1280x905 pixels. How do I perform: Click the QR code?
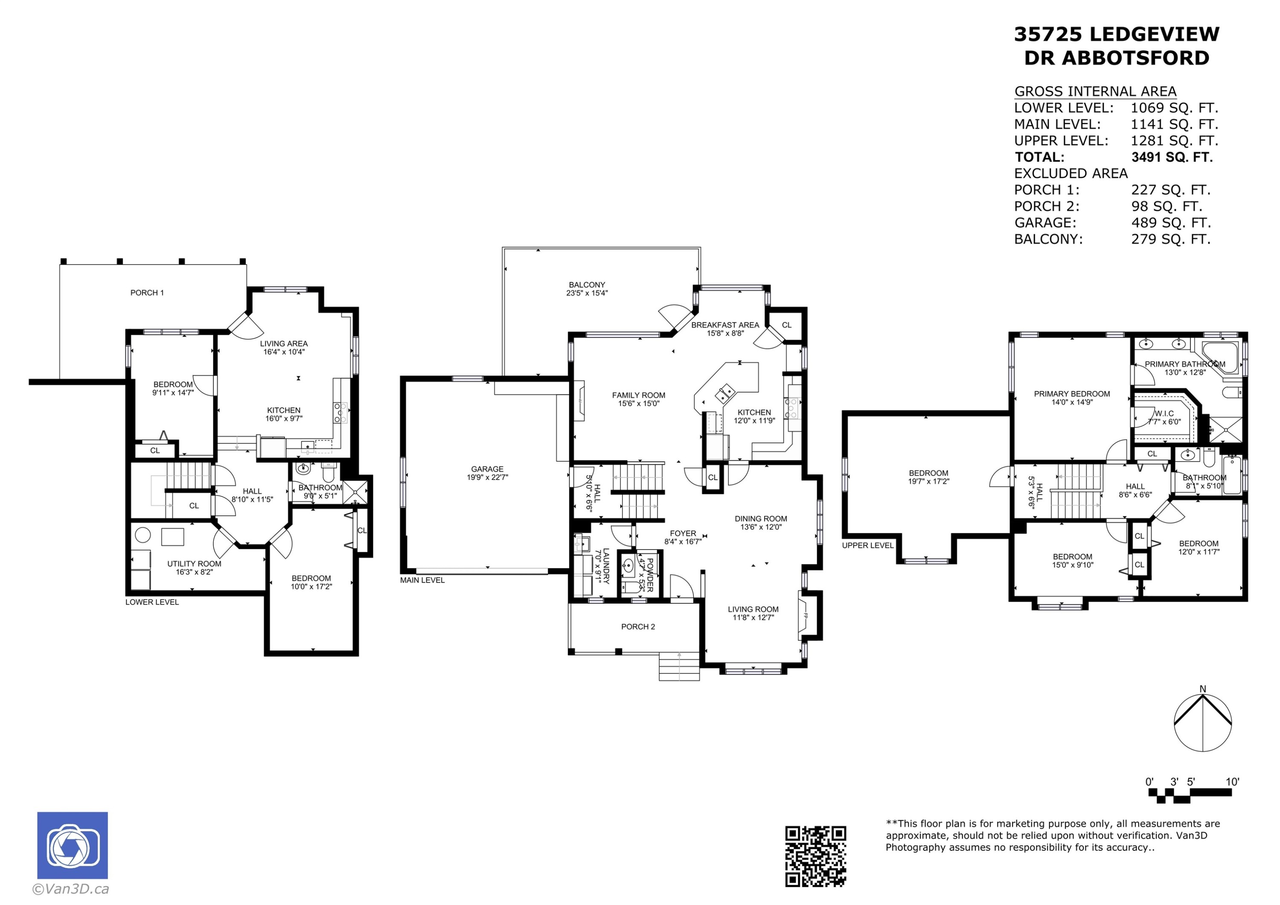(x=816, y=856)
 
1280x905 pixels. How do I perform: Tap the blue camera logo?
(x=73, y=845)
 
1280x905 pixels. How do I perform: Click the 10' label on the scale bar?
(x=1232, y=782)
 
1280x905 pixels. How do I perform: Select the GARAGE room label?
(x=487, y=469)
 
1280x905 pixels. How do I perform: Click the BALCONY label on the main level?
(x=587, y=284)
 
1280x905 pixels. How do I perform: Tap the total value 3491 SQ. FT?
(x=1172, y=157)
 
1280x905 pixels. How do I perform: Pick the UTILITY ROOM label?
(x=195, y=564)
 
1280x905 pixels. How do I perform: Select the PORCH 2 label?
(x=638, y=627)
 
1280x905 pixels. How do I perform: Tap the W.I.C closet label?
(x=1164, y=413)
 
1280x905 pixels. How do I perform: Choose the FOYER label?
(x=683, y=533)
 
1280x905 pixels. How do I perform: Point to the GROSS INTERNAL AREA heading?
(x=1095, y=91)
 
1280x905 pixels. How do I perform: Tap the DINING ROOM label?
(x=760, y=518)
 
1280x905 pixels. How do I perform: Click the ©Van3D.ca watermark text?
(x=71, y=889)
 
